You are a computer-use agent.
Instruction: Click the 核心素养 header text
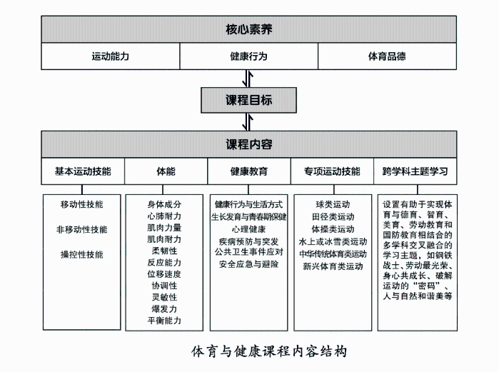tap(249, 29)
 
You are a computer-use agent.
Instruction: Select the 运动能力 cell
tap(111, 56)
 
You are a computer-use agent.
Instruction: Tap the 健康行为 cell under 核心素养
tap(249, 56)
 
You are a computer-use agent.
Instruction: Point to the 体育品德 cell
tap(387, 56)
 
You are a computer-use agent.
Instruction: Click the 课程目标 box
tap(249, 100)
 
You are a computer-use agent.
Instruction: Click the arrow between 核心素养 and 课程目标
tap(248, 79)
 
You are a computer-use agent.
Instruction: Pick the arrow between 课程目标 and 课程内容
tap(248, 122)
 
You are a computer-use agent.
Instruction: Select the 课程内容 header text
tap(249, 144)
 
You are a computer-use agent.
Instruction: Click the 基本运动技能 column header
tap(83, 171)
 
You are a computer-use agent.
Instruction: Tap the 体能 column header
tap(166, 171)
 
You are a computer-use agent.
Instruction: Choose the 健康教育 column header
tap(249, 171)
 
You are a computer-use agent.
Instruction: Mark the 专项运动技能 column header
tap(332, 171)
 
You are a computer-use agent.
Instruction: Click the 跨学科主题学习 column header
tap(415, 171)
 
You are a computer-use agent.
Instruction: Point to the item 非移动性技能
tap(82, 229)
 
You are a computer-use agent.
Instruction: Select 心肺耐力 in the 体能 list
tap(164, 216)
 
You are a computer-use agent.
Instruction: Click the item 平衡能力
tap(164, 321)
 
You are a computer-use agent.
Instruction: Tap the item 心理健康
tap(248, 229)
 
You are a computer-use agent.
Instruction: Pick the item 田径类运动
tap(333, 217)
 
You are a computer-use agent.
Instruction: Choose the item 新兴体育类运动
tap(333, 266)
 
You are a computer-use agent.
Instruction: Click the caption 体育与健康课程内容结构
tap(269, 351)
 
